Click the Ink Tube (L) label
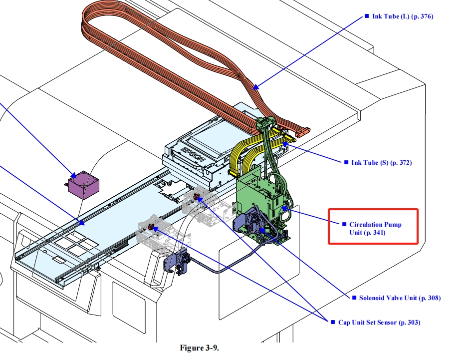point(402,16)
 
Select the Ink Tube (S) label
point(381,162)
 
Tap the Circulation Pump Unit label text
point(375,228)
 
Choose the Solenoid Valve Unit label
point(400,298)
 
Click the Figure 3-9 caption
point(199,348)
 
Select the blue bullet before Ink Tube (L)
point(367,16)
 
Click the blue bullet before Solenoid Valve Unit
point(354,298)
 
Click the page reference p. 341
point(375,233)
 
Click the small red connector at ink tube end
point(302,132)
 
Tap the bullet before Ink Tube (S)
point(345,162)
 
